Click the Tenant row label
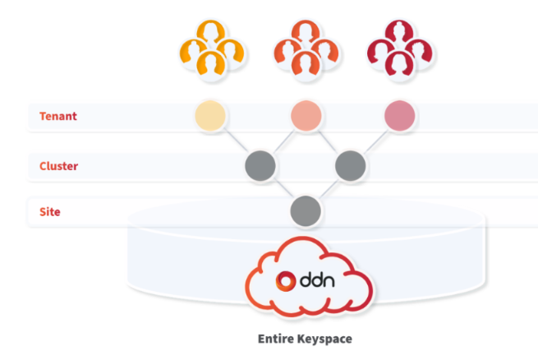(58, 116)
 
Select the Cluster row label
(58, 166)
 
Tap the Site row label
(50, 212)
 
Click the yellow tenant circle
(210, 116)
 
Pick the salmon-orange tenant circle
(306, 116)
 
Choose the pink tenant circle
(400, 116)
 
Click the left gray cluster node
(260, 165)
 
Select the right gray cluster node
(351, 165)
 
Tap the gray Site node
(306, 211)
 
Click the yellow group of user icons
(212, 50)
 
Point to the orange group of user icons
(306, 50)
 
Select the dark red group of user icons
(400, 50)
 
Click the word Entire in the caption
(276, 339)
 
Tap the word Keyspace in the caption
(324, 339)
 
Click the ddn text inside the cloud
(317, 280)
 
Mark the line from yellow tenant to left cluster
(236, 141)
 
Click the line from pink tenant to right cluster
(376, 141)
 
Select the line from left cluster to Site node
(283, 188)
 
